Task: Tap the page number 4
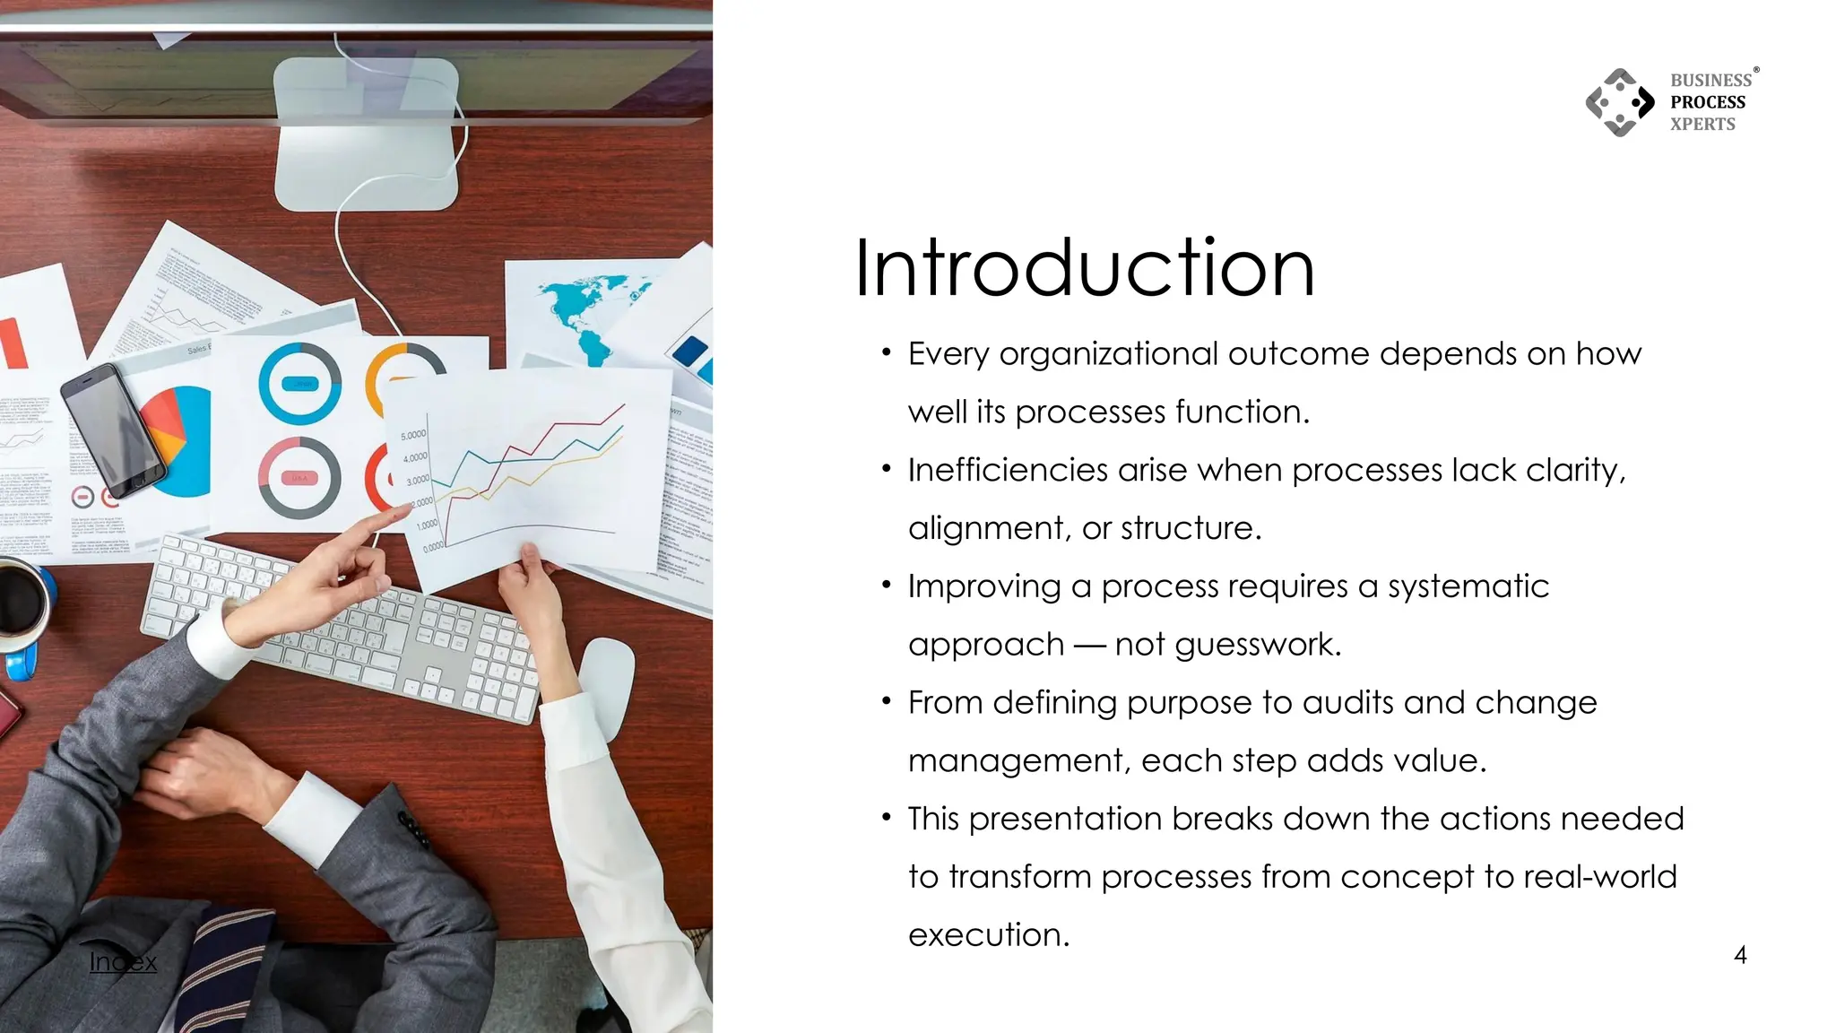pyautogui.click(x=1740, y=956)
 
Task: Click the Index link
pyautogui.click(x=123, y=962)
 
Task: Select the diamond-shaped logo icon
pyautogui.click(x=1620, y=102)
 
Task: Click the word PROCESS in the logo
pyautogui.click(x=1708, y=102)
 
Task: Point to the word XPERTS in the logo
pyautogui.click(x=1702, y=125)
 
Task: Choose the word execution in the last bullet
pyautogui.click(x=989, y=935)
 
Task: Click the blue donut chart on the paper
pyautogui.click(x=299, y=383)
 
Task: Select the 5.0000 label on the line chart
pyautogui.click(x=413, y=435)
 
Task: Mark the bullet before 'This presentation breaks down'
pyautogui.click(x=886, y=818)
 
